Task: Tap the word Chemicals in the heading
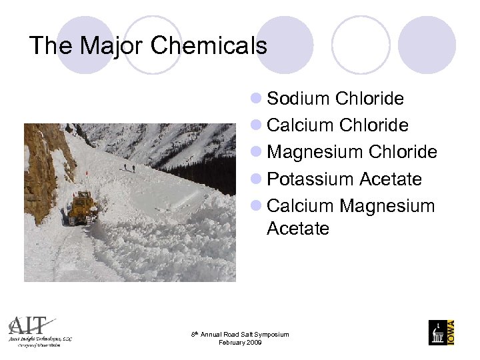tap(209, 46)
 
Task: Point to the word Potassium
tap(310, 179)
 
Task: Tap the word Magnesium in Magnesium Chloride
tap(315, 153)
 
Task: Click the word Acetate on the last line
tap(298, 229)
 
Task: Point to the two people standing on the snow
tap(129, 167)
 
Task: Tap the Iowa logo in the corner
tap(441, 332)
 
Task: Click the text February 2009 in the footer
tap(240, 343)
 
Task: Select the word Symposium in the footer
tap(273, 334)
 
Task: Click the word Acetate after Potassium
tap(391, 179)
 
